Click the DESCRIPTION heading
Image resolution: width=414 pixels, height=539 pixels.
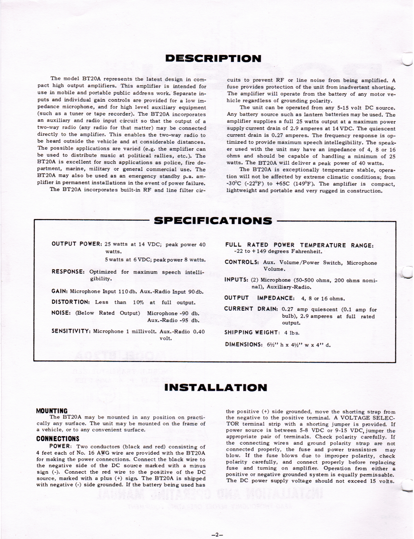(x=213, y=59)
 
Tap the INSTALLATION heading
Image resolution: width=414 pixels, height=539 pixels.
(x=216, y=388)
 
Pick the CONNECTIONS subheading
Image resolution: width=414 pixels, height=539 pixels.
(x=58, y=439)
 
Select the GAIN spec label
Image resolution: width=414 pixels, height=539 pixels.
(x=60, y=291)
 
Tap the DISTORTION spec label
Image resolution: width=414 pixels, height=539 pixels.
(x=71, y=302)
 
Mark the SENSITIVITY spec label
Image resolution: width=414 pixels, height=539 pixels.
(x=71, y=331)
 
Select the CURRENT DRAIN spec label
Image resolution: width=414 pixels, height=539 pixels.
(x=251, y=309)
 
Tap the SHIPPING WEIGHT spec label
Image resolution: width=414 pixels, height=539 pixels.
(x=252, y=332)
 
